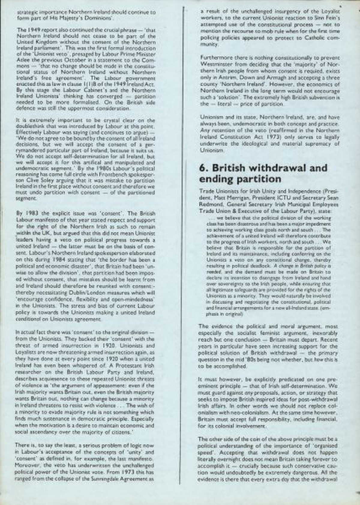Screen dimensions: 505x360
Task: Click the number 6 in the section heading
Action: point(202,168)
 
